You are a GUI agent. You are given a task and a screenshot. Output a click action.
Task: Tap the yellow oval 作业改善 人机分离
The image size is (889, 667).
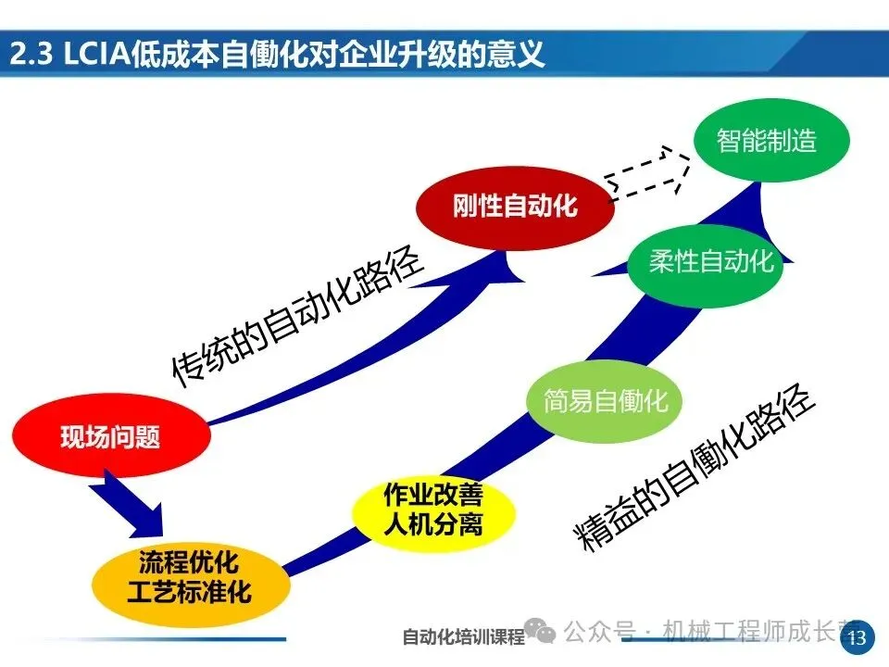[432, 510]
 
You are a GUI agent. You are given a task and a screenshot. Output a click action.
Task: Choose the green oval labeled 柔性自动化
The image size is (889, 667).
[710, 261]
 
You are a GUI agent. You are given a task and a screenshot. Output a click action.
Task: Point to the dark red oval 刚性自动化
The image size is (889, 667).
[515, 206]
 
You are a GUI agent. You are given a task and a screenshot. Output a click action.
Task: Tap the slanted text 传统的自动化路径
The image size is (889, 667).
[296, 315]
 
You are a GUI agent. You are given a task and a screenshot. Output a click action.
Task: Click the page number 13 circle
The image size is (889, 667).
[857, 636]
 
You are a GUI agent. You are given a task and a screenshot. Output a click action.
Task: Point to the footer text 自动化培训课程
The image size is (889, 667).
[463, 637]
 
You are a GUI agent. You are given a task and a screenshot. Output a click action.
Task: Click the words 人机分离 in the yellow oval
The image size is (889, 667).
[432, 525]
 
